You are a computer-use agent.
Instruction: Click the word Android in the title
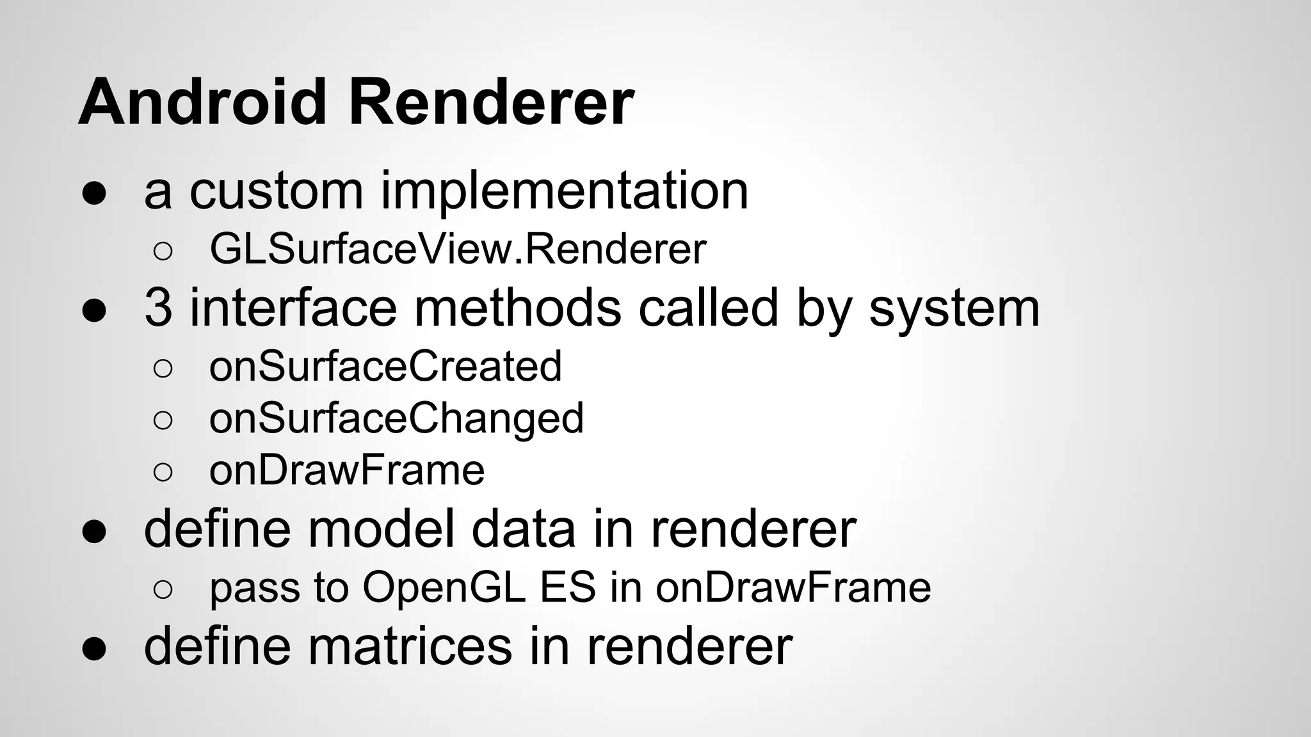click(202, 102)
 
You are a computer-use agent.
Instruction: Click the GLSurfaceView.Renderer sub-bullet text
click(458, 250)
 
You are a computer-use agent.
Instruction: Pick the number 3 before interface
click(158, 308)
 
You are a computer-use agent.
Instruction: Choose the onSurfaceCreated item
click(385, 367)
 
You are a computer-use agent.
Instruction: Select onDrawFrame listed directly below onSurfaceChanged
click(347, 471)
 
